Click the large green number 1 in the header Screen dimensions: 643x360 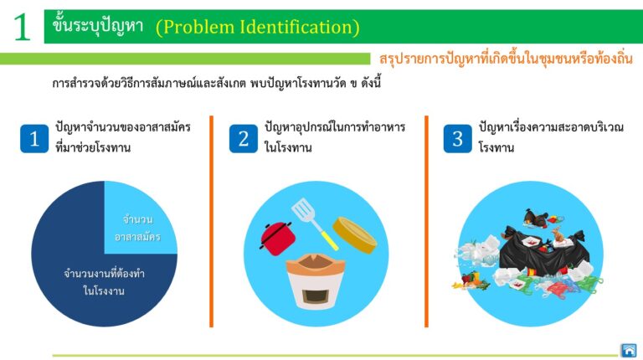tap(22, 27)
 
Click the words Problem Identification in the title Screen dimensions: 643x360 tap(258, 28)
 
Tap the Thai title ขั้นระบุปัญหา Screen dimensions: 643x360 tap(98, 25)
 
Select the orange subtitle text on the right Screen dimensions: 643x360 tap(506, 59)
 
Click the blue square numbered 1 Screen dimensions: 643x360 tap(34, 139)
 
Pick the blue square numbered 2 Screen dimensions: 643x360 tap(243, 139)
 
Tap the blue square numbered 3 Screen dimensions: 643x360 tap(458, 139)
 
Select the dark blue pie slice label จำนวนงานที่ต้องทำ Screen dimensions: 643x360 tap(104, 274)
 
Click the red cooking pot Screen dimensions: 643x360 tap(278, 239)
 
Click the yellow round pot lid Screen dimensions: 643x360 tap(355, 235)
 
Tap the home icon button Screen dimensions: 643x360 tap(629, 351)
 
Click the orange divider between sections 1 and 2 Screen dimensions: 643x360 tap(212, 221)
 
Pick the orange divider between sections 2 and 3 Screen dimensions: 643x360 tap(426, 221)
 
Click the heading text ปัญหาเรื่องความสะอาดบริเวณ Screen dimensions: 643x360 tap(551, 126)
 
